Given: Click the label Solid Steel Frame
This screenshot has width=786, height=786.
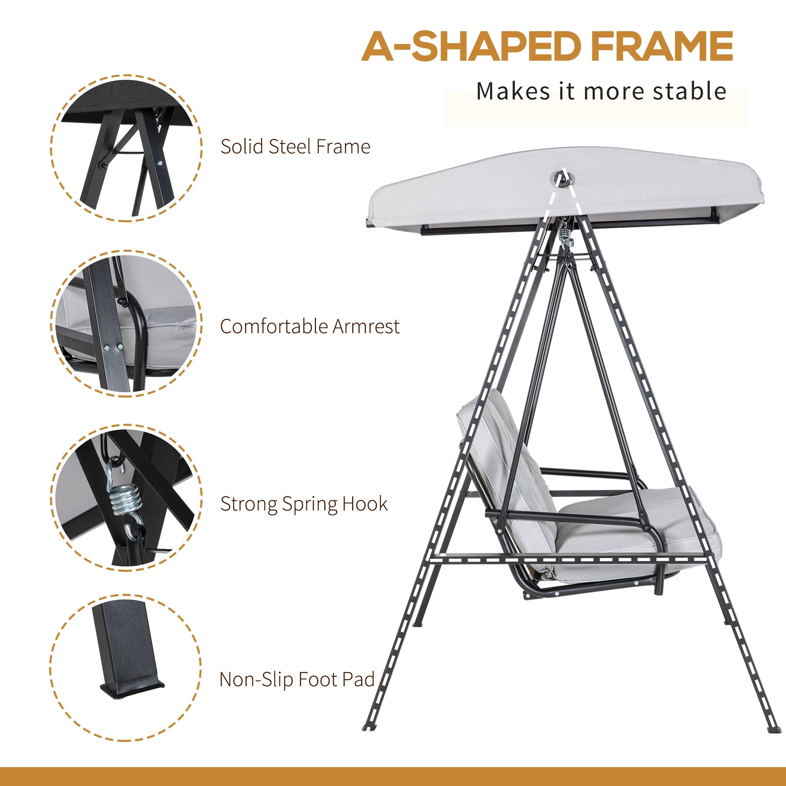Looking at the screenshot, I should pos(296,147).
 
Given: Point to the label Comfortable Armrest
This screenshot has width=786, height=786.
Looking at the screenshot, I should pos(310,326).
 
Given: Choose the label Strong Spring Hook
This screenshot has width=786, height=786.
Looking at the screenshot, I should pos(304,504).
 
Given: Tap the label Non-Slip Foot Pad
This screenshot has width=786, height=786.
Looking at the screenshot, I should pos(297,679).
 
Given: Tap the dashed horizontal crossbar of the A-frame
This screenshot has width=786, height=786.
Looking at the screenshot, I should pos(569,560).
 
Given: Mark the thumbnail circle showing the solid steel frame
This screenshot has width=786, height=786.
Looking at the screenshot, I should pos(127,148).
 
